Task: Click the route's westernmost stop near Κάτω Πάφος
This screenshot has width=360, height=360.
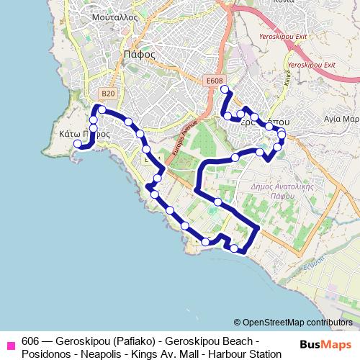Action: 77,144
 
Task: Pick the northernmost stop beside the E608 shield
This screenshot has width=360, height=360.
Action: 225,89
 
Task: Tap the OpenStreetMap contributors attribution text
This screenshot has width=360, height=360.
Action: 293,323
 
